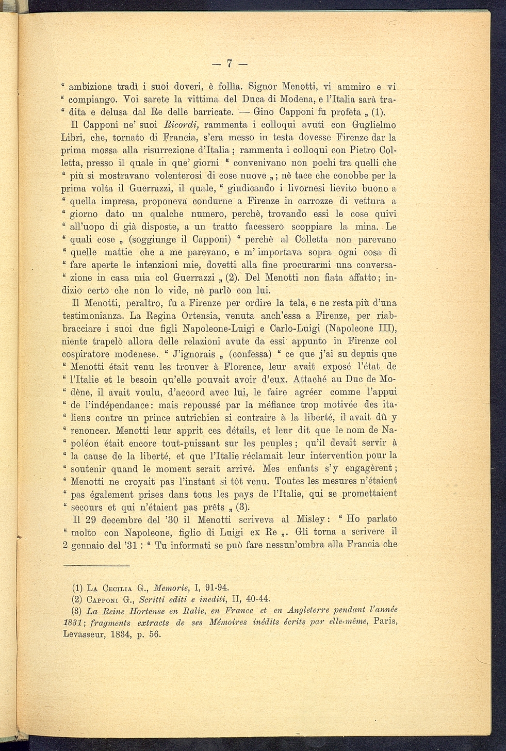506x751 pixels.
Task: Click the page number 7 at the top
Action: click(230, 63)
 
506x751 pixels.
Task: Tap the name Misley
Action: click(315, 519)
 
